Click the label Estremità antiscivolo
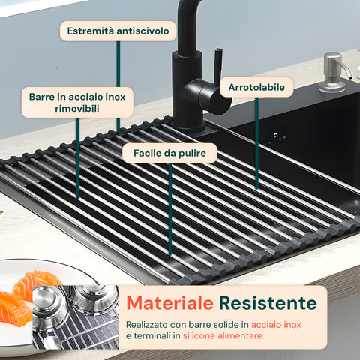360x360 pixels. (x=118, y=31)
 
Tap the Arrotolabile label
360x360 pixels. (x=256, y=87)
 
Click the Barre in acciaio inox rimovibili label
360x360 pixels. (x=77, y=102)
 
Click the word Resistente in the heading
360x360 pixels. (x=267, y=303)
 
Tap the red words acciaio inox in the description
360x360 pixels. (x=276, y=323)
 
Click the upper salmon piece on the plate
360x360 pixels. (x=35, y=283)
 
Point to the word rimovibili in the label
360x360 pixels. (x=77, y=109)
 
